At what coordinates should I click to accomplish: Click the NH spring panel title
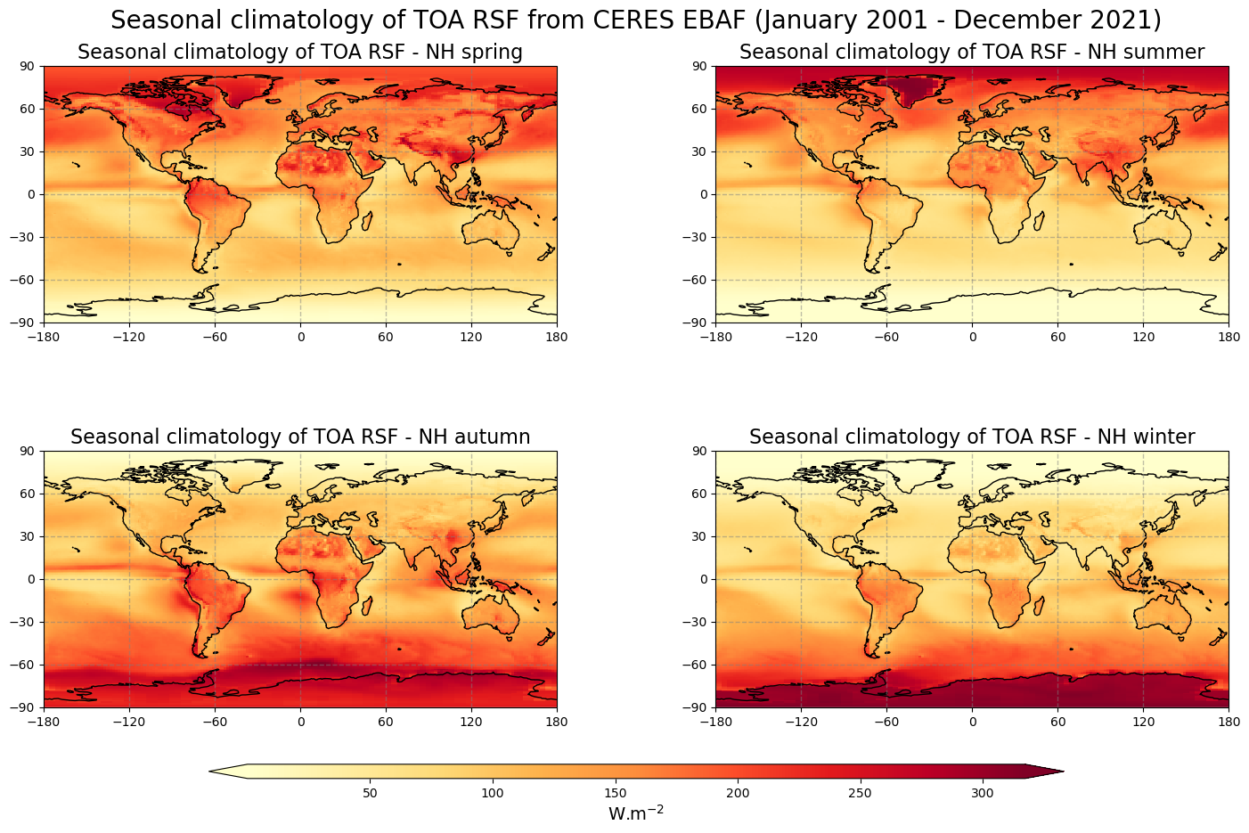[299, 53]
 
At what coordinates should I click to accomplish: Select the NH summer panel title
[971, 53]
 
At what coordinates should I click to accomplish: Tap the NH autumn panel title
[299, 437]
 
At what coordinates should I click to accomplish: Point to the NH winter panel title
[971, 437]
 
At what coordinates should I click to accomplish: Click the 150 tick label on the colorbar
[615, 793]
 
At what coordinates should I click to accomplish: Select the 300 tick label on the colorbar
[982, 793]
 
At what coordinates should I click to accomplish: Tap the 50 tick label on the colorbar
[371, 793]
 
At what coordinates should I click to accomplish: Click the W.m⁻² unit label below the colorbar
[635, 813]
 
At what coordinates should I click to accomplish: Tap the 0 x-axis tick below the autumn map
[300, 722]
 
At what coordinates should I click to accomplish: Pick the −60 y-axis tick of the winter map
[698, 665]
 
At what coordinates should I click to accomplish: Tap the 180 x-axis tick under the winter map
[1229, 722]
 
